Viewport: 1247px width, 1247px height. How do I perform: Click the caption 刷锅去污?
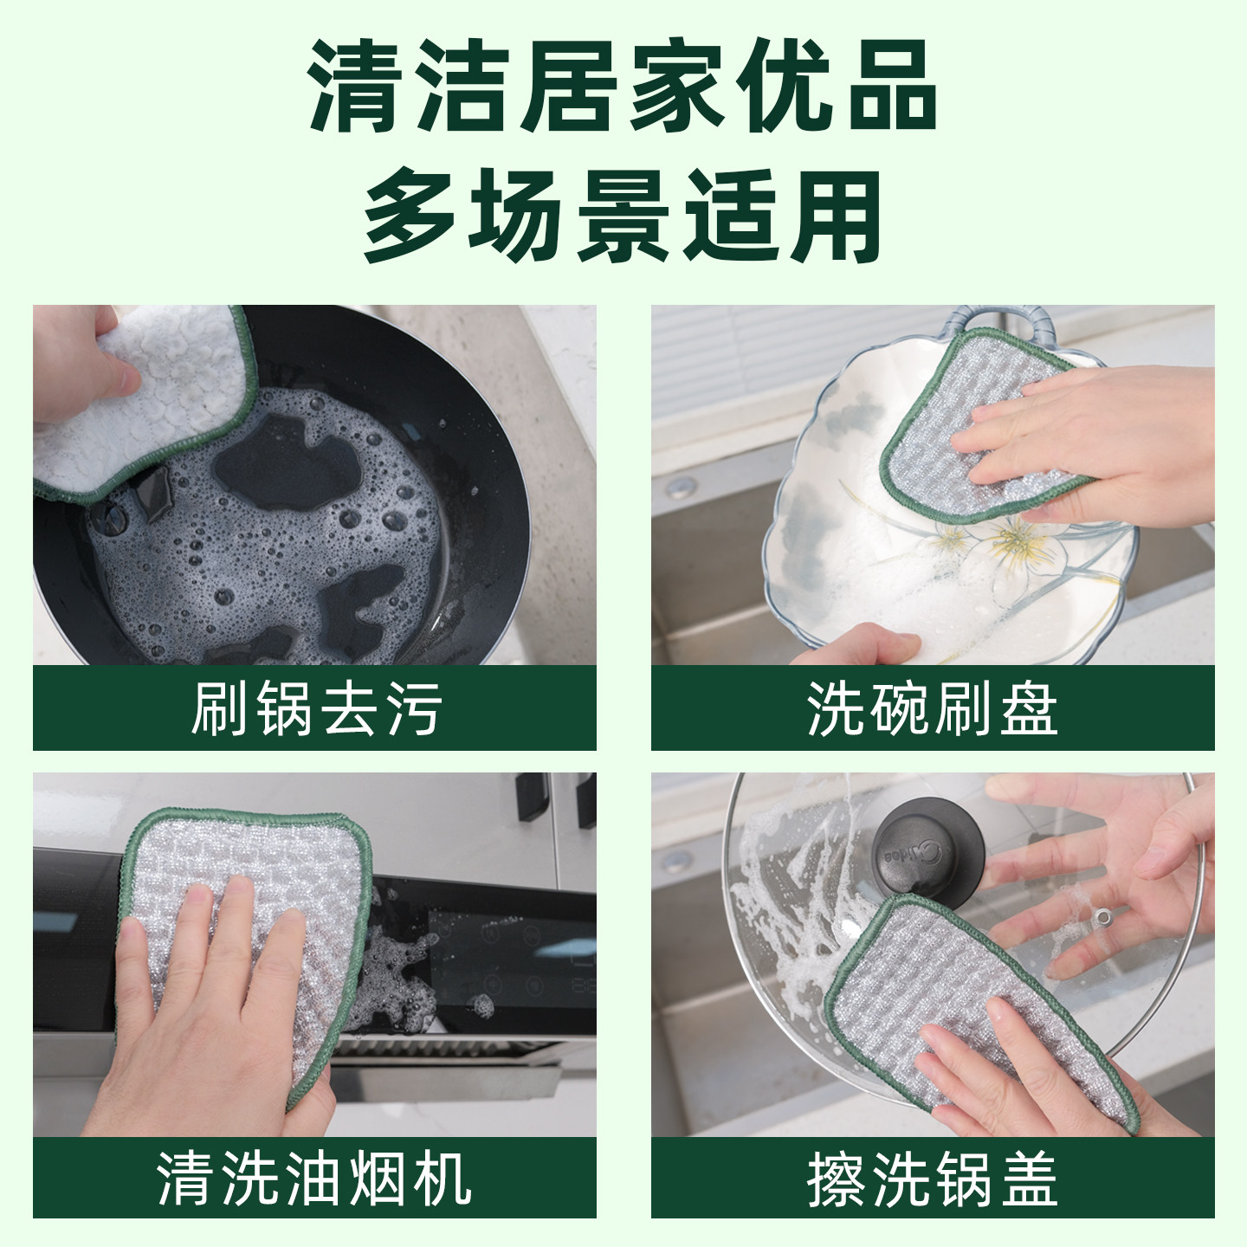point(316,708)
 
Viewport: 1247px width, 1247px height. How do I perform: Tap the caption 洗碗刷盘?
point(933,708)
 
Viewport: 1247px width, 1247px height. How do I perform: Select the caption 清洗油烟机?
point(314,1177)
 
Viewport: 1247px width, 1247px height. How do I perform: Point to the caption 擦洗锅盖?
point(933,1177)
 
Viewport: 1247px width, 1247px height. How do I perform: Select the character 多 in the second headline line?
point(412,216)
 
